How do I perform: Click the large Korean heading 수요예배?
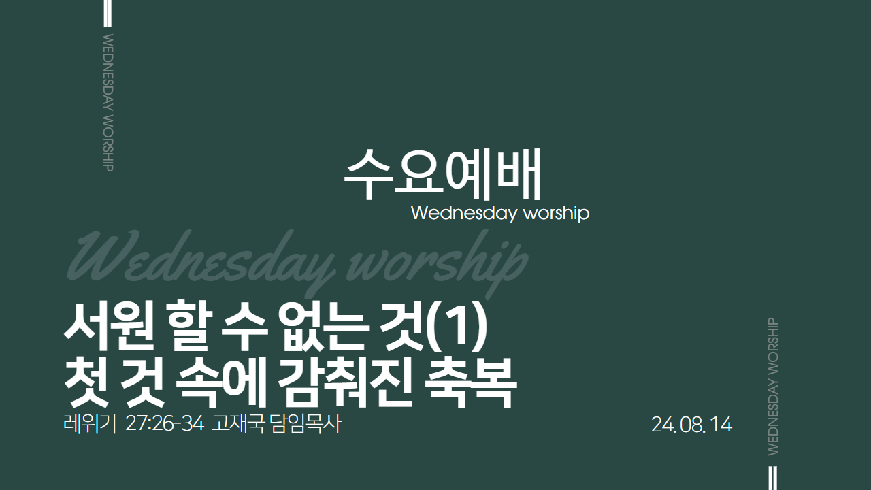(442, 174)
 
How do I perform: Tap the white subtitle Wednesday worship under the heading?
(500, 214)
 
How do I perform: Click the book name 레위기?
(89, 424)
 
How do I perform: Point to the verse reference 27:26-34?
(165, 424)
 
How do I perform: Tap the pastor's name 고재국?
(238, 424)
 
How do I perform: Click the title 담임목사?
(306, 424)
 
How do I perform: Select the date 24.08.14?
(691, 425)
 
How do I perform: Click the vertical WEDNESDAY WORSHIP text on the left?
(108, 103)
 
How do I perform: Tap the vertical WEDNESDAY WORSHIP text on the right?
(773, 387)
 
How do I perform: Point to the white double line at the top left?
(108, 13)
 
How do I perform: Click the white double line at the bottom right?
(773, 478)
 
